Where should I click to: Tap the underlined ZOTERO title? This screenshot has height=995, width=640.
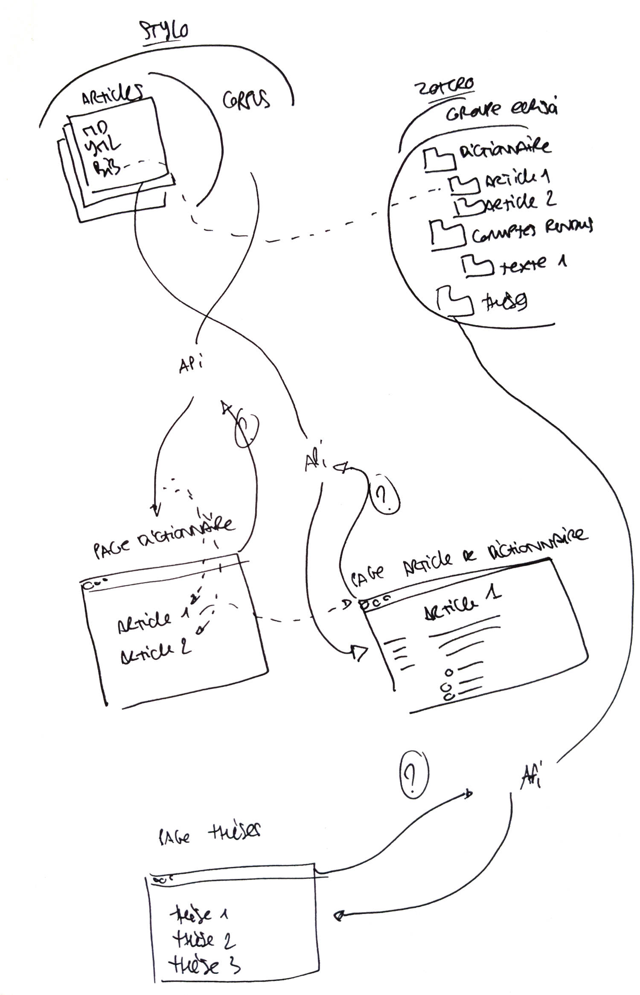click(444, 88)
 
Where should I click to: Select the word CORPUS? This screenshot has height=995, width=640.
click(246, 100)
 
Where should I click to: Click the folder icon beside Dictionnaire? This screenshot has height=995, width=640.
click(439, 160)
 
